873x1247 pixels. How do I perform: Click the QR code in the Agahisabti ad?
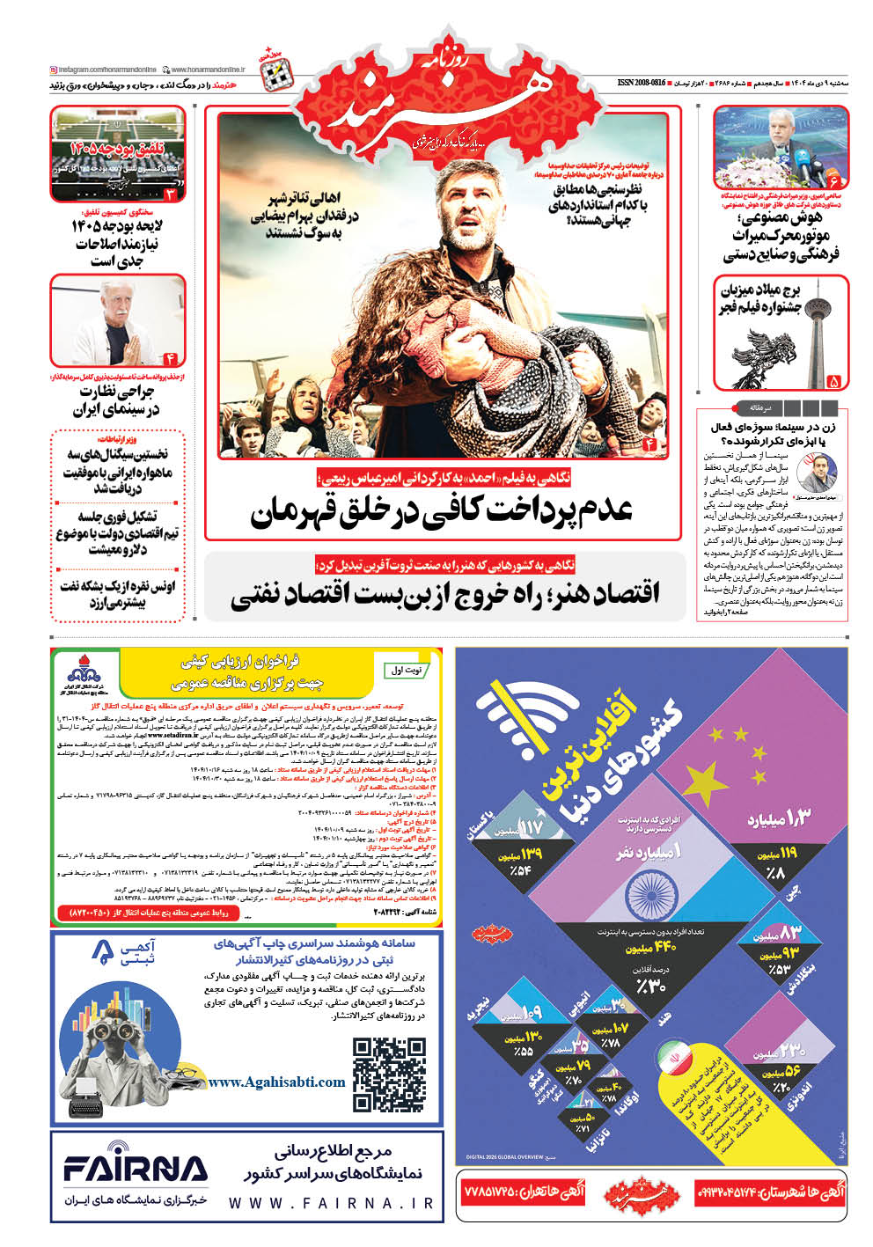(389, 1075)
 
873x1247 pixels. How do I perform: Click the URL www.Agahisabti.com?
(276, 1082)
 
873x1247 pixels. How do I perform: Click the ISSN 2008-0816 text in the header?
(642, 82)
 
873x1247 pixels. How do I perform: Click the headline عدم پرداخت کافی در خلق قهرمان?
(442, 510)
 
